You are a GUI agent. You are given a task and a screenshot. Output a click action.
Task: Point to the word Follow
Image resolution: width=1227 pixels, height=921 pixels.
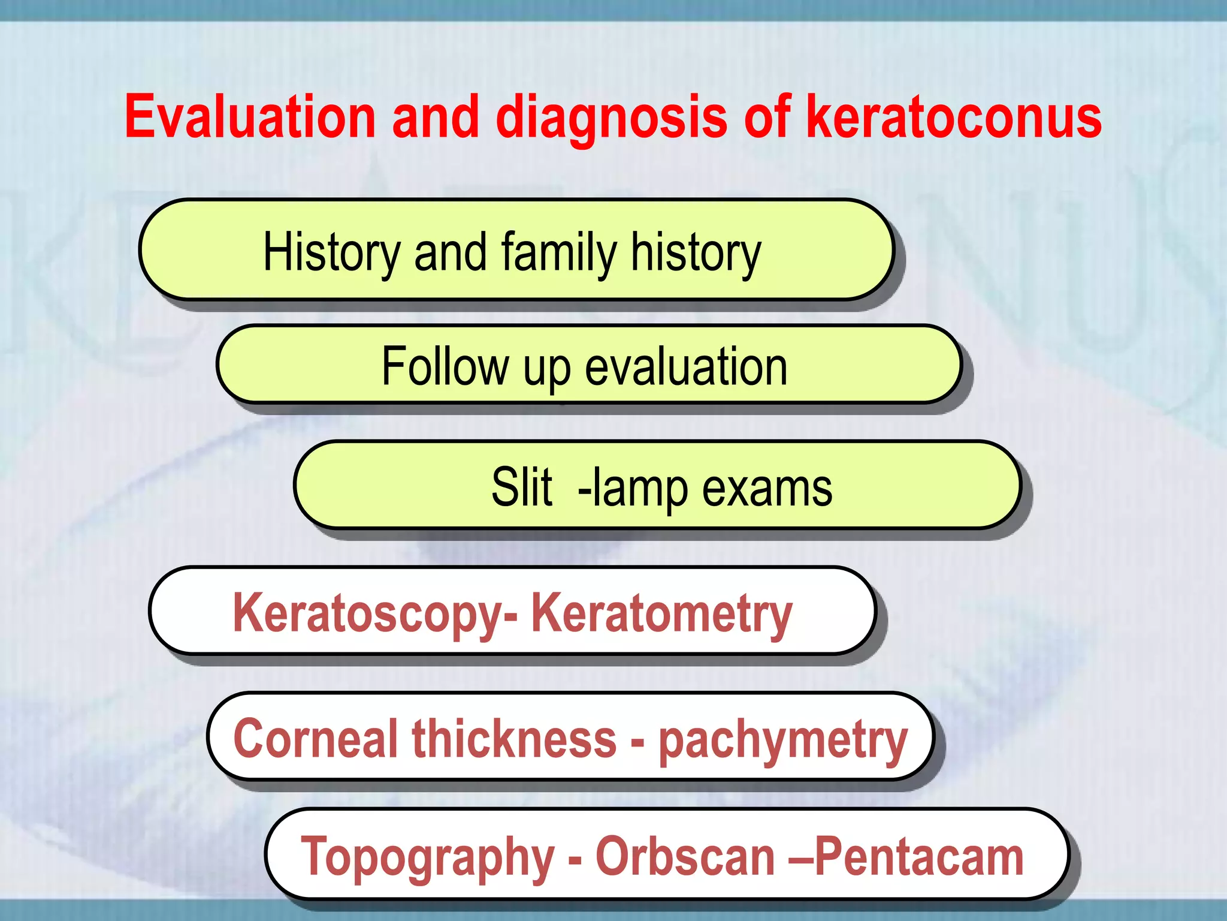pyautogui.click(x=445, y=366)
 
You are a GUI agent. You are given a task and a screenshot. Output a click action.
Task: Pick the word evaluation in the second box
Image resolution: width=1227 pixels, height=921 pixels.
pyautogui.click(x=686, y=366)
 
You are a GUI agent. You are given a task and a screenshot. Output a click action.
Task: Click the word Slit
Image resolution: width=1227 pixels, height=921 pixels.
pyautogui.click(x=522, y=487)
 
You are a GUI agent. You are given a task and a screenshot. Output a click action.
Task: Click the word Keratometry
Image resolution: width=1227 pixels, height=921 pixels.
pyautogui.click(x=661, y=612)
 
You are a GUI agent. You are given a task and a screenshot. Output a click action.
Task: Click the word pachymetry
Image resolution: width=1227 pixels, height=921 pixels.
pyautogui.click(x=783, y=741)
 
